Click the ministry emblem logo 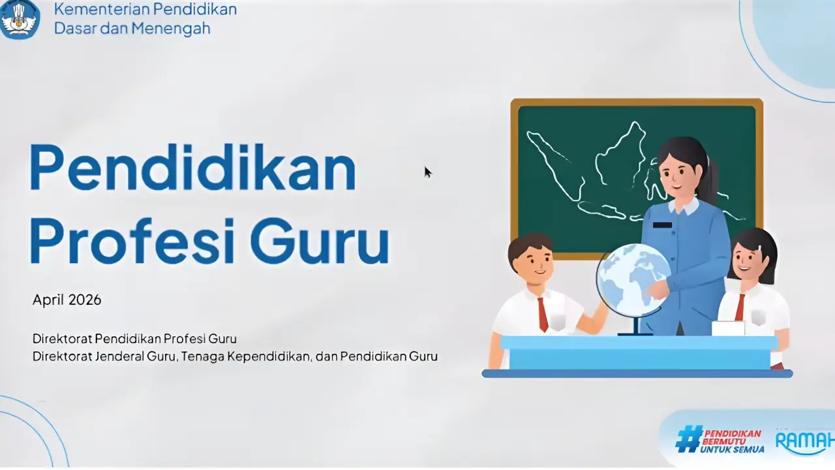click(x=20, y=19)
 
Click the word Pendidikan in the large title click(x=192, y=168)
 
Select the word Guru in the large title click(x=320, y=241)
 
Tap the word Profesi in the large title click(x=132, y=241)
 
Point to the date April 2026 click(x=67, y=300)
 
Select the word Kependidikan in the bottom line click(x=269, y=356)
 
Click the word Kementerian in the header click(x=97, y=9)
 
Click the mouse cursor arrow click(x=427, y=172)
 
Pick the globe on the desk click(x=633, y=281)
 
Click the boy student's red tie click(x=542, y=315)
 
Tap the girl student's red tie click(x=740, y=307)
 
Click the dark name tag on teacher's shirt click(x=662, y=225)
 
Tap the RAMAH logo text click(x=805, y=441)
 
